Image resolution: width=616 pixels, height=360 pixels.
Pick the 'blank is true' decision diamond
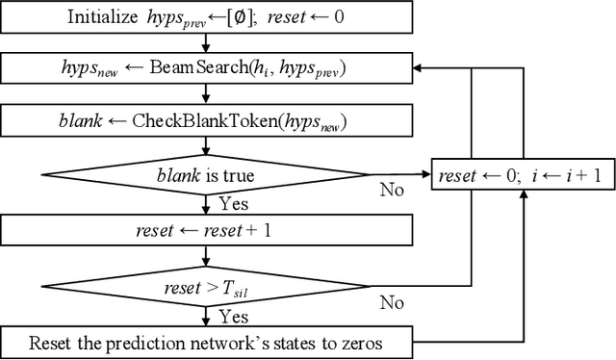(204, 174)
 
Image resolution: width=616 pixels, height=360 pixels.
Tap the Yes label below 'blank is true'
(234, 203)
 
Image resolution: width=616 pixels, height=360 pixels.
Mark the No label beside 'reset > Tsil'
(391, 301)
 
